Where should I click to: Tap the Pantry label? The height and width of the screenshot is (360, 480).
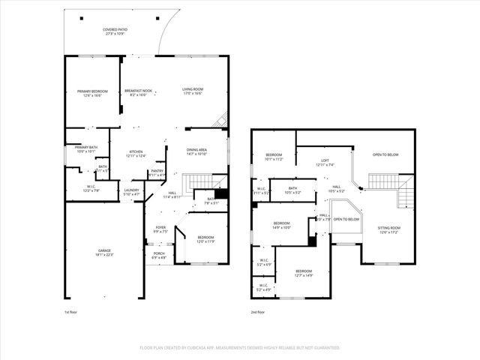pos(157,172)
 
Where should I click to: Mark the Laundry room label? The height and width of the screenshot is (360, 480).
pos(131,191)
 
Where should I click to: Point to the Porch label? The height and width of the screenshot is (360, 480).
pos(159,254)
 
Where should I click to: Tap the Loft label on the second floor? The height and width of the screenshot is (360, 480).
pos(325,161)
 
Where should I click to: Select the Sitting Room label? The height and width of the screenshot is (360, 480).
pos(388,229)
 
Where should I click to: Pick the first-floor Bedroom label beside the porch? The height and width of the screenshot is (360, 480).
pos(205,239)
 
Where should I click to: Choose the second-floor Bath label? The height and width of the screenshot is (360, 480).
pos(292,190)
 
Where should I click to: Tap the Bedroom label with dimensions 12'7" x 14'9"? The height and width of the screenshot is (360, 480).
pos(303,272)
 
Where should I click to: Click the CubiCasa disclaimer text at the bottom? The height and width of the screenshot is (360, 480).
pos(240,348)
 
